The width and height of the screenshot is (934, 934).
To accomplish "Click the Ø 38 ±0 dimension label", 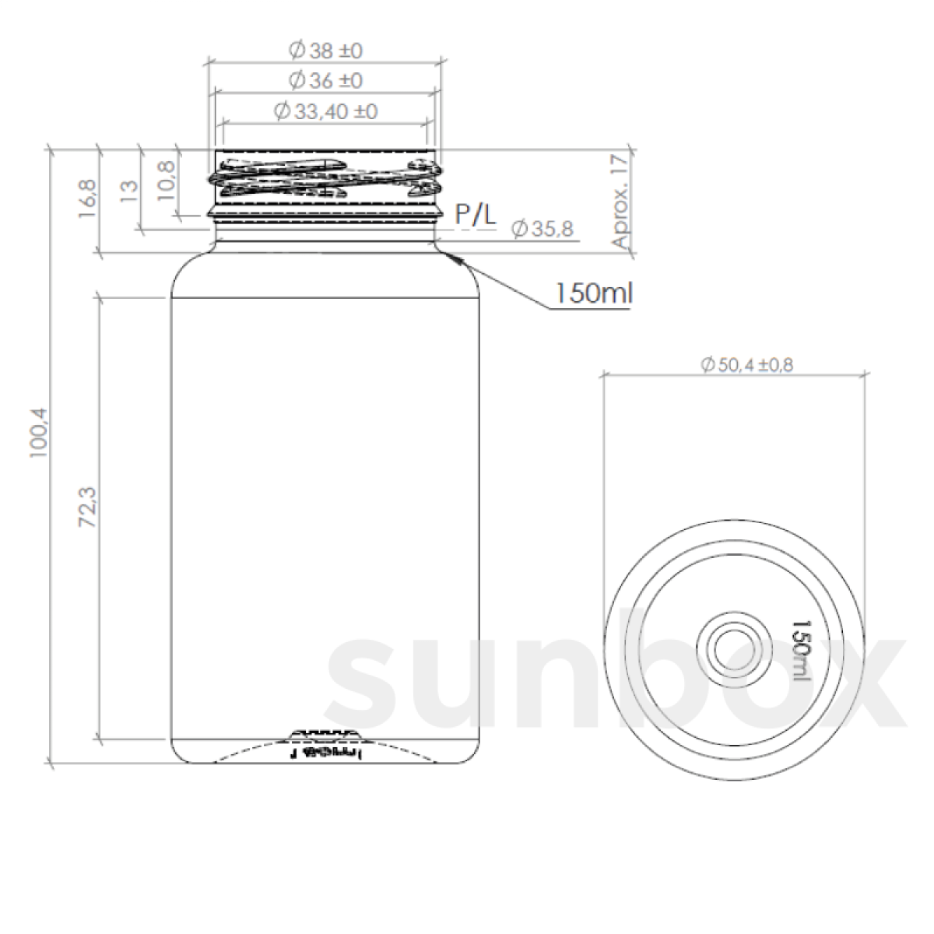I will (325, 51).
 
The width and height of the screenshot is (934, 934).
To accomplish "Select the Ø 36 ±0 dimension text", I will (325, 80).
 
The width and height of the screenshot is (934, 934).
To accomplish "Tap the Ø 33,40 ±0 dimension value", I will (325, 111).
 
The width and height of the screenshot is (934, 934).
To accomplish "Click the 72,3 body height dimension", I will (87, 507).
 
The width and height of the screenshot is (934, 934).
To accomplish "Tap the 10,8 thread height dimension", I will (166, 181).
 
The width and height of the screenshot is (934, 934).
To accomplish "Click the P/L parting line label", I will (475, 215).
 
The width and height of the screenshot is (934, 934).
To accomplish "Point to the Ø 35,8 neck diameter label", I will (542, 229).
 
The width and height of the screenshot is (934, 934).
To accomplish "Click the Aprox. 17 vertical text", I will (620, 201).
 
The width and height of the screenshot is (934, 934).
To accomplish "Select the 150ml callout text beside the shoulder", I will (593, 293).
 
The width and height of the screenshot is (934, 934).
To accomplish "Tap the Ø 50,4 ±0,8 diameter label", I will (746, 364).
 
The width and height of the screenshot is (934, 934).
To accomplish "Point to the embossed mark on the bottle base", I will (325, 753).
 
